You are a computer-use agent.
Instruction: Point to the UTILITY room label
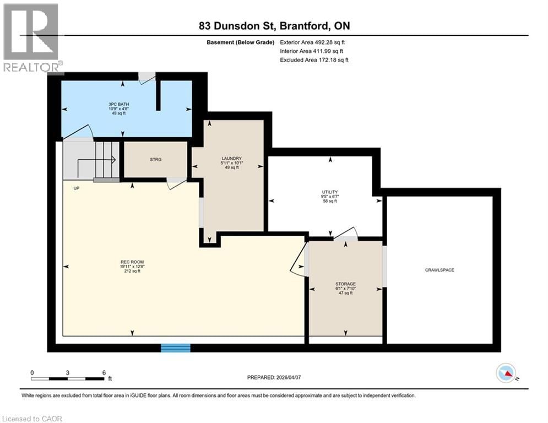(x=330, y=192)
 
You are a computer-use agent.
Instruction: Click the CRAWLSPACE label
(x=439, y=270)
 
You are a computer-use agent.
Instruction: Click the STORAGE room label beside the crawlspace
(x=345, y=284)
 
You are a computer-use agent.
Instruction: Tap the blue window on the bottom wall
(x=175, y=348)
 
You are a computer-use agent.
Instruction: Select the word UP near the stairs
(x=77, y=188)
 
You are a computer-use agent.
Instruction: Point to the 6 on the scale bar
(x=104, y=372)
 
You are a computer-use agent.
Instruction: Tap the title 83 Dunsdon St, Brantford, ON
(x=274, y=26)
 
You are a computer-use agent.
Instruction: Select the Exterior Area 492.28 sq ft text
(x=312, y=42)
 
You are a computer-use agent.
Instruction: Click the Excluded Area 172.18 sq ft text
(x=314, y=59)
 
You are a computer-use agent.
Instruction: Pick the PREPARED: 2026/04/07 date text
(x=274, y=377)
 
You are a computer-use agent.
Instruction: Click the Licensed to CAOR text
(x=32, y=419)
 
